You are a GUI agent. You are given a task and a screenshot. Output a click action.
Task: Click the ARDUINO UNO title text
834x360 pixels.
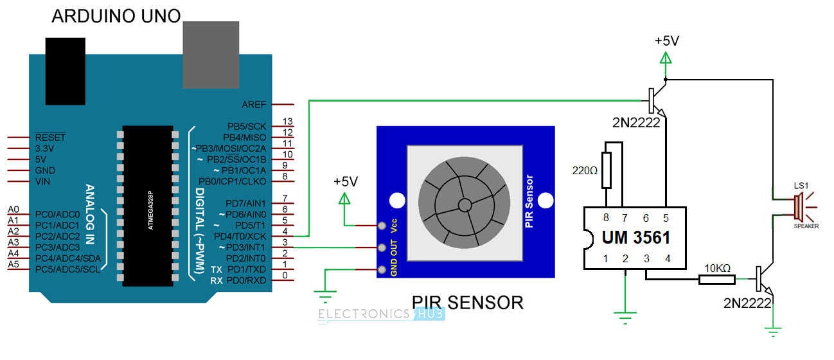116,15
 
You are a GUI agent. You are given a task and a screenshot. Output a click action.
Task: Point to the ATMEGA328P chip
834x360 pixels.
148,206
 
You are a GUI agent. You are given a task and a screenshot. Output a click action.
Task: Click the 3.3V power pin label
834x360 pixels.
46,148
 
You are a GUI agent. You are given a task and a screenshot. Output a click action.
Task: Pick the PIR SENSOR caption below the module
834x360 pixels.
466,301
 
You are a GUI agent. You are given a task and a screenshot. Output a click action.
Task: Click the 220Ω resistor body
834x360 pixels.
606,170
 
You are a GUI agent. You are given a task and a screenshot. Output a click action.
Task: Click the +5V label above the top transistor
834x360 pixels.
666,40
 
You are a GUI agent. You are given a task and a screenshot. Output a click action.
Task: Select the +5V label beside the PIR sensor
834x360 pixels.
345,181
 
